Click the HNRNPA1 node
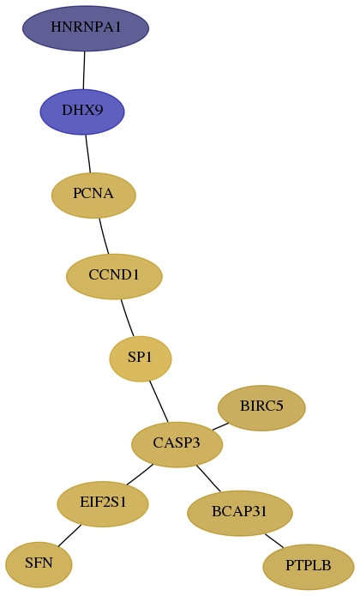(86, 28)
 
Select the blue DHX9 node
(82, 111)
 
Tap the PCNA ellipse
(93, 195)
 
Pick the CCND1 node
(114, 276)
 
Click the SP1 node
(141, 358)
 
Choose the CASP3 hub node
(177, 444)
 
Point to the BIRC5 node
(261, 408)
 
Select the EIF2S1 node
(103, 504)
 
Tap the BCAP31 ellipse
(240, 513)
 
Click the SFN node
(39, 564)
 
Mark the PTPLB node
(309, 567)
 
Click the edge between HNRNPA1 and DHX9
(84, 70)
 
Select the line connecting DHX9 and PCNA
(88, 154)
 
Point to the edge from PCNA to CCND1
(104, 236)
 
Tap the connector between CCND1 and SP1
(127, 318)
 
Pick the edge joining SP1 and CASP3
(159, 401)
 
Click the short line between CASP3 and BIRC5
(220, 426)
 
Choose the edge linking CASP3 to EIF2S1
(140, 474)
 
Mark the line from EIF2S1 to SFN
(69, 536)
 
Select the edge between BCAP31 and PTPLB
(274, 541)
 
